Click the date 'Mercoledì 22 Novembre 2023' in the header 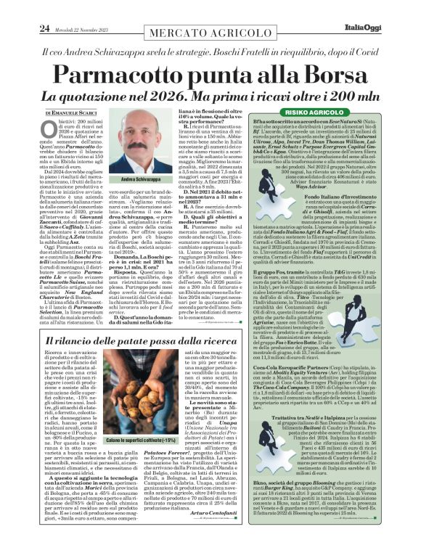point(80,9)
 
